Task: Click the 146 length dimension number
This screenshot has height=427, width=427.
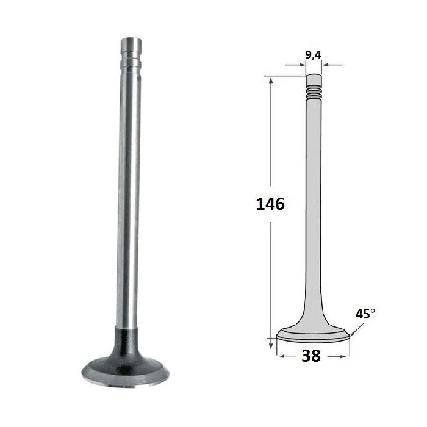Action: (x=270, y=204)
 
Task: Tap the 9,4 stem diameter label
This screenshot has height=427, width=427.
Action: (x=313, y=55)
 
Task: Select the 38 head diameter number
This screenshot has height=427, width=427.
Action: (x=311, y=356)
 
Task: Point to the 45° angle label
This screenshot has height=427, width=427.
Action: (x=365, y=314)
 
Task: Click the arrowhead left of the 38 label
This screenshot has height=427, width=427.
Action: (x=281, y=356)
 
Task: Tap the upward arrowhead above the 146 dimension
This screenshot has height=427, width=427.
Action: (x=271, y=81)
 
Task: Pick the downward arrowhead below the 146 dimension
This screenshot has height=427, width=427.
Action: (x=271, y=345)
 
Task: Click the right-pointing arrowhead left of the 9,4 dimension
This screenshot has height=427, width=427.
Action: (x=303, y=65)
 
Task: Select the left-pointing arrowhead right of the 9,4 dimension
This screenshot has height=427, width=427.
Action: (x=325, y=65)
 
